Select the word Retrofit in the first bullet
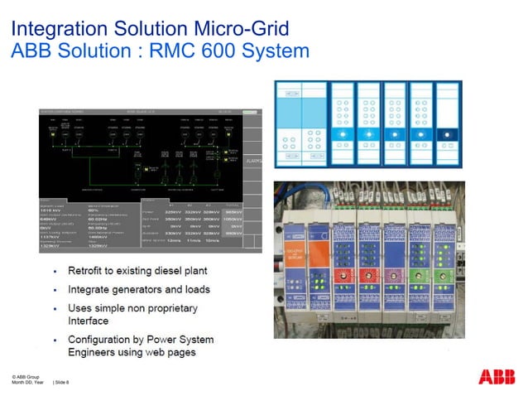pyautogui.click(x=89, y=272)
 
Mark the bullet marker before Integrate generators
pyautogui.click(x=54, y=290)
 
